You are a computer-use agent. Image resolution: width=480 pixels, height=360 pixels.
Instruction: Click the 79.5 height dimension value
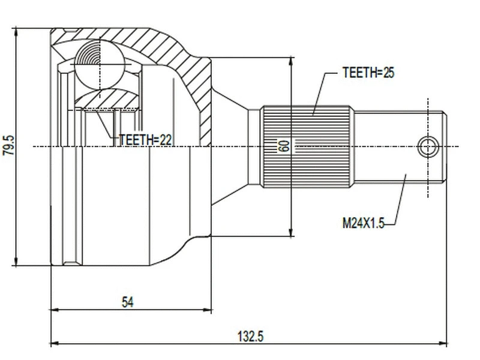8,146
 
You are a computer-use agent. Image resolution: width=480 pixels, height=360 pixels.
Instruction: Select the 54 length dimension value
127,302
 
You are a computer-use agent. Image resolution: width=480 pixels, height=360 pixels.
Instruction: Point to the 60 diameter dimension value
284,146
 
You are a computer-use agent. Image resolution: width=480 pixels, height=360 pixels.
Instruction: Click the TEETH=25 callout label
368,73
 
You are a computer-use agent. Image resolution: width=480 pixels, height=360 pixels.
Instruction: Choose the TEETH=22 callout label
146,139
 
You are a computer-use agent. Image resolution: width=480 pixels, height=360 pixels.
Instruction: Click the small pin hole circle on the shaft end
428,146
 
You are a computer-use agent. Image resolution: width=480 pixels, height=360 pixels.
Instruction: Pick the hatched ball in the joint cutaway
98,62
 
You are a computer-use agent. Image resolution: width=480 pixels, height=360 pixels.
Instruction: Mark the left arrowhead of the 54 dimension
55,310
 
